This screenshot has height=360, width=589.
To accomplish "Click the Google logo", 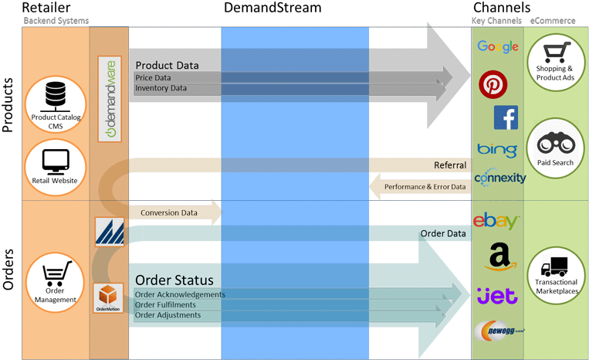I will tap(498, 47).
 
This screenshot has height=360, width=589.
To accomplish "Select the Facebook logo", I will tap(506, 117).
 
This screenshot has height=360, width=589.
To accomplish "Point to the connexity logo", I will tap(499, 178).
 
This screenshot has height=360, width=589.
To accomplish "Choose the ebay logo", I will tap(496, 221).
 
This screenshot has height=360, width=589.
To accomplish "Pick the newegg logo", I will tap(499, 330).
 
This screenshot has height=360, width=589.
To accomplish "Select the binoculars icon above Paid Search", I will tap(555, 144).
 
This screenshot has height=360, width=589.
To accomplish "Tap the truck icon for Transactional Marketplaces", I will tap(555, 268).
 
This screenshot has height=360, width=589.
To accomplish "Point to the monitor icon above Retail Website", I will tap(56, 161).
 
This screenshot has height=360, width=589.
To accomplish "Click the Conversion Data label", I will tap(168, 212).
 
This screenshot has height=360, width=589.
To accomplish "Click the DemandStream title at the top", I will tap(272, 8).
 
